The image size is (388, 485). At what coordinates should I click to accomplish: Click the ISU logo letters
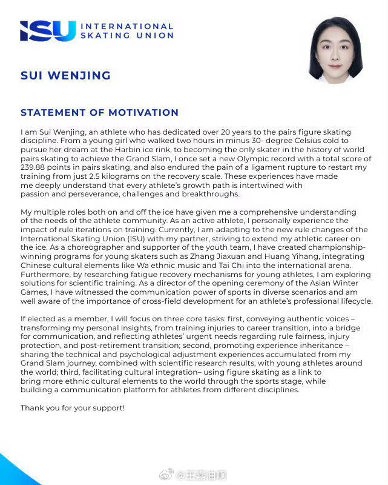(x=47, y=31)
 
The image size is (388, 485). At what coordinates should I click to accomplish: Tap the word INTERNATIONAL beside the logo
(x=127, y=27)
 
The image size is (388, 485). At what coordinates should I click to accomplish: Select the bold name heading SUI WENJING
(x=65, y=76)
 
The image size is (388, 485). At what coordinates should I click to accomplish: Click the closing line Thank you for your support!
(x=73, y=408)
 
